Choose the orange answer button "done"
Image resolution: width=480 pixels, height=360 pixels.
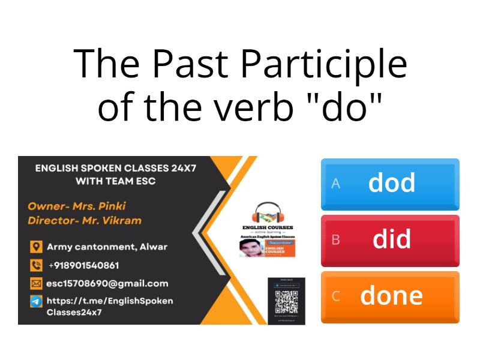tap(390, 296)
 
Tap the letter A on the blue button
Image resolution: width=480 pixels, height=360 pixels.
tap(336, 184)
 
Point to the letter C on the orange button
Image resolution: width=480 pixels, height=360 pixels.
tap(336, 296)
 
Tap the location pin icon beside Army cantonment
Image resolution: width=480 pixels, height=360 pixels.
tap(36, 247)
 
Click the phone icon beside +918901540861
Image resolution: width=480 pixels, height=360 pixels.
tap(36, 265)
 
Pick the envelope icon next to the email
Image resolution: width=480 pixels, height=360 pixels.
tap(36, 283)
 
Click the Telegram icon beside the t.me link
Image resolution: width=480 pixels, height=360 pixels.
tap(36, 301)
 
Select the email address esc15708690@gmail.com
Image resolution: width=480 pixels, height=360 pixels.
tap(107, 283)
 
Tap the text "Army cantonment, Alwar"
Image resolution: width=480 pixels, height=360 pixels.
tap(107, 247)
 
